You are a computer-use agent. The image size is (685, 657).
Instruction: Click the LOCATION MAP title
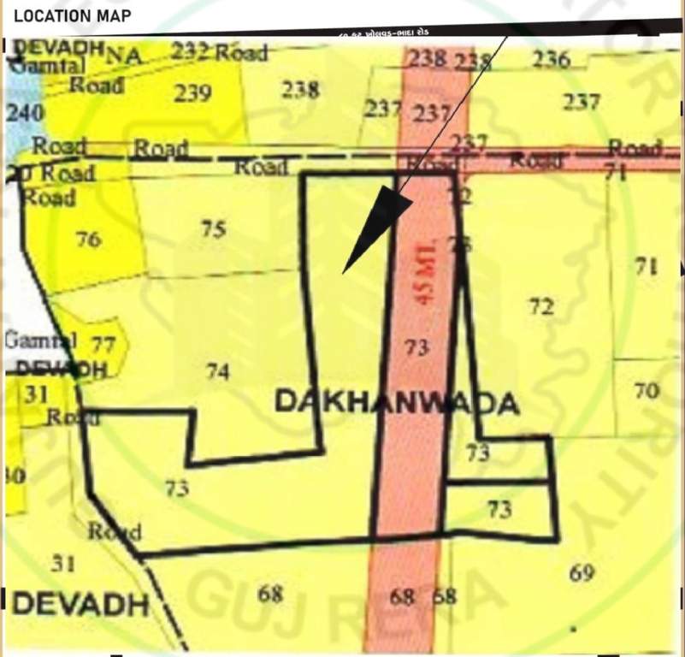pos(72,15)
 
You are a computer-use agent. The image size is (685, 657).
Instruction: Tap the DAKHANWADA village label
pos(397,403)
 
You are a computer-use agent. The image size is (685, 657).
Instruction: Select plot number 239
pos(192,93)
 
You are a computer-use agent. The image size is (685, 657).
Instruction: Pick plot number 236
pos(551,59)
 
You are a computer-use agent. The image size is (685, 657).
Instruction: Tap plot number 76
pos(88,239)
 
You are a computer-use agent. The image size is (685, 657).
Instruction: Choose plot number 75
pos(213,228)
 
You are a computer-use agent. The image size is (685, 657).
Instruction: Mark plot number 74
pos(217,371)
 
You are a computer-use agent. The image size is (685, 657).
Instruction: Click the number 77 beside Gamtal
pos(103,345)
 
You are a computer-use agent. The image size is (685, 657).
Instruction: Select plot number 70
pos(647,391)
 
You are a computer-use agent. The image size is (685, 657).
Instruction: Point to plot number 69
pos(582,572)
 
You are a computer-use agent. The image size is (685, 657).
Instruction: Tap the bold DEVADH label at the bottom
pos(81,604)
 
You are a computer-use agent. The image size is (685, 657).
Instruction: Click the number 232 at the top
pos(190,51)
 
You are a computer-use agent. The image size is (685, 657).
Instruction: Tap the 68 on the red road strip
pos(402,595)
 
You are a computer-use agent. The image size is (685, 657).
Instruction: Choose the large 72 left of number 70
pos(540,306)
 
